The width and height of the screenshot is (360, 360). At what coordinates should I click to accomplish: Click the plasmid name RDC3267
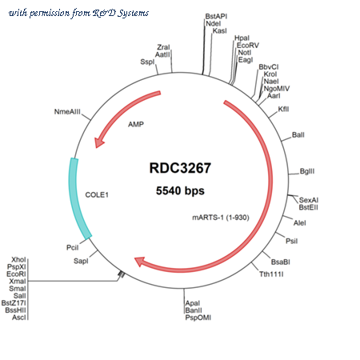pyautogui.click(x=180, y=168)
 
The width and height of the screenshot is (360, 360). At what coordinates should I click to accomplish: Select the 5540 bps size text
pyautogui.click(x=180, y=190)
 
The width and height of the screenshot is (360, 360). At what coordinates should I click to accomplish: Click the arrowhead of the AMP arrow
pyautogui.click(x=99, y=142)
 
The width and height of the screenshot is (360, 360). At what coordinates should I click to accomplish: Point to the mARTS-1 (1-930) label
pyautogui.click(x=221, y=218)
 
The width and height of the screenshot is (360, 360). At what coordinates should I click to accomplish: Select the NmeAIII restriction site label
pyautogui.click(x=67, y=112)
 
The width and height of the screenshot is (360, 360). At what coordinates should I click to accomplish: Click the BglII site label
pyautogui.click(x=307, y=171)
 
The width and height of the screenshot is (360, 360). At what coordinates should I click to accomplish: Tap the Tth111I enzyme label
pyautogui.click(x=271, y=274)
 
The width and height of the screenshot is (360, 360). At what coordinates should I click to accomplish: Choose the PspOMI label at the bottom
pyautogui.click(x=198, y=318)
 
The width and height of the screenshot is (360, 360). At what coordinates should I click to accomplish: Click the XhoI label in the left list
pyautogui.click(x=18, y=260)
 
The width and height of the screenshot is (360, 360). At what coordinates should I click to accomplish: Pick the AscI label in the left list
pyautogui.click(x=19, y=318)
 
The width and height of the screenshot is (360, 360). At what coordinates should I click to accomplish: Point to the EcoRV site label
pyautogui.click(x=248, y=46)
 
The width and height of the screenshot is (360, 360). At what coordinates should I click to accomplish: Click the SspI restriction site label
pyautogui.click(x=147, y=62)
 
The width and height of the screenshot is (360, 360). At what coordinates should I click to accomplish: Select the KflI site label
pyautogui.click(x=283, y=109)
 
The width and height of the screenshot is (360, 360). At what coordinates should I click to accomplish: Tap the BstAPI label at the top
pyautogui.click(x=216, y=17)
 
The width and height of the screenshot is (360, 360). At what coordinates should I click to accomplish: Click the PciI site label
pyautogui.click(x=73, y=248)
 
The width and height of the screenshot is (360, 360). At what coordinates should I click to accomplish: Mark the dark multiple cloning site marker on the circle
pyautogui.click(x=121, y=274)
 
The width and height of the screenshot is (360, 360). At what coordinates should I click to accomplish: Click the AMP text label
pyautogui.click(x=136, y=124)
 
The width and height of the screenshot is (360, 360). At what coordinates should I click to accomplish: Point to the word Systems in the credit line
pyautogui.click(x=133, y=13)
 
